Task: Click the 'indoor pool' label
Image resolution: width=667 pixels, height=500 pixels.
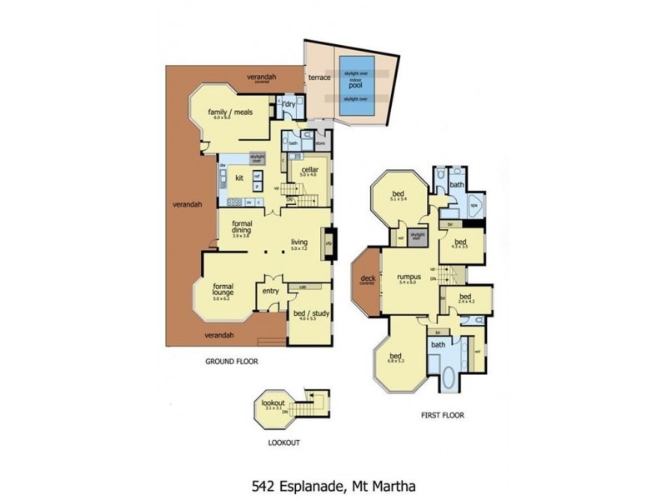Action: pos(356,84)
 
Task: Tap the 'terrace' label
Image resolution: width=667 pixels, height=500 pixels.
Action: pos(319,77)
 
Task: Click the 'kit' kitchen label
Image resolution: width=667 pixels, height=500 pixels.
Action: pos(238,177)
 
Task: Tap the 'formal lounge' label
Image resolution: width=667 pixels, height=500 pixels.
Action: pos(222,290)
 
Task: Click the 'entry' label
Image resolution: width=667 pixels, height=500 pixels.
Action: pos(270,291)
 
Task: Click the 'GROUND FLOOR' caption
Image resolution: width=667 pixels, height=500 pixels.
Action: pos(231,362)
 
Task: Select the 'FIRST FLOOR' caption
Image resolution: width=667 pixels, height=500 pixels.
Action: pos(442,414)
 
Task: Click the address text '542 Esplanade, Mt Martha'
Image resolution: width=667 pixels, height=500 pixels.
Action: pos(333,484)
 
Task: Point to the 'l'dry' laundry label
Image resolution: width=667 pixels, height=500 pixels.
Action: pos(290,104)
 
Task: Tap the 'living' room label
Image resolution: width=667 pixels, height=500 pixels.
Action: pos(299,243)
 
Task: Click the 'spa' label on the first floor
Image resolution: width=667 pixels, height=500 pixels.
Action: pos(473,203)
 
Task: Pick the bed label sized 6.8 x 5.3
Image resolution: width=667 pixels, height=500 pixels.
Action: pos(395,356)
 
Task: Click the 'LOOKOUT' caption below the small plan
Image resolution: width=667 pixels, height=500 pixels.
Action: pos(283,443)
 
